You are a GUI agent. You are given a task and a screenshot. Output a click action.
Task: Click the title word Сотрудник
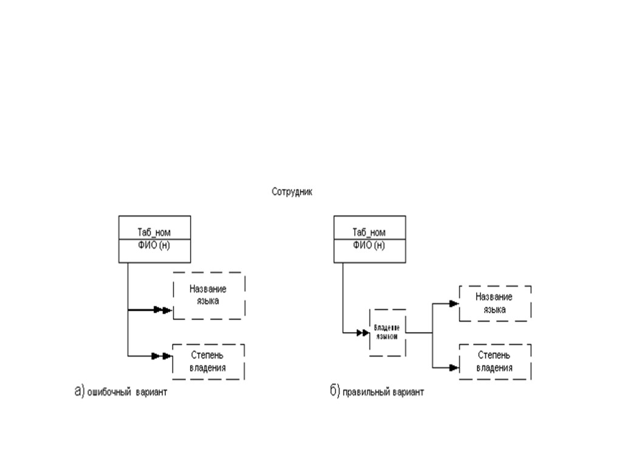pos(292,192)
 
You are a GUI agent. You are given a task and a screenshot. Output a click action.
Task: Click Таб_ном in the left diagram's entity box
pos(154,232)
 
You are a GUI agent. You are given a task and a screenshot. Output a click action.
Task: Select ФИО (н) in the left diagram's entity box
pos(154,245)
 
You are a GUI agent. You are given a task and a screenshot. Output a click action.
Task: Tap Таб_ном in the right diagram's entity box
pos(369,232)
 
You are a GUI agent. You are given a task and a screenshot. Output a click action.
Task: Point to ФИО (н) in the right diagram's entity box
pos(369,245)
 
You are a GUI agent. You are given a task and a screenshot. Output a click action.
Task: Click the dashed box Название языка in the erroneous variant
pos(208,296)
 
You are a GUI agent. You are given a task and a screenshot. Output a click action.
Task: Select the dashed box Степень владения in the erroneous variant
pos(208,362)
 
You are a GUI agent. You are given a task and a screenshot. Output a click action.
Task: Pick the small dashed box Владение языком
pos(387,332)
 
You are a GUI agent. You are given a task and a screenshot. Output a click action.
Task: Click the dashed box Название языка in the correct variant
pos(494,303)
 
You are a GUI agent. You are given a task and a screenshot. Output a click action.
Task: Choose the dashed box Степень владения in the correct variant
pos(494,362)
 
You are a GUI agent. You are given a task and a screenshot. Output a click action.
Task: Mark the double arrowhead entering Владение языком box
pos(363,333)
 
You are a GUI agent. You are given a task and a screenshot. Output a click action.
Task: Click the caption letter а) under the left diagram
pos(79,392)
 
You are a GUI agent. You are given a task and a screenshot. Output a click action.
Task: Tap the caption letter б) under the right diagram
pos(335,392)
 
